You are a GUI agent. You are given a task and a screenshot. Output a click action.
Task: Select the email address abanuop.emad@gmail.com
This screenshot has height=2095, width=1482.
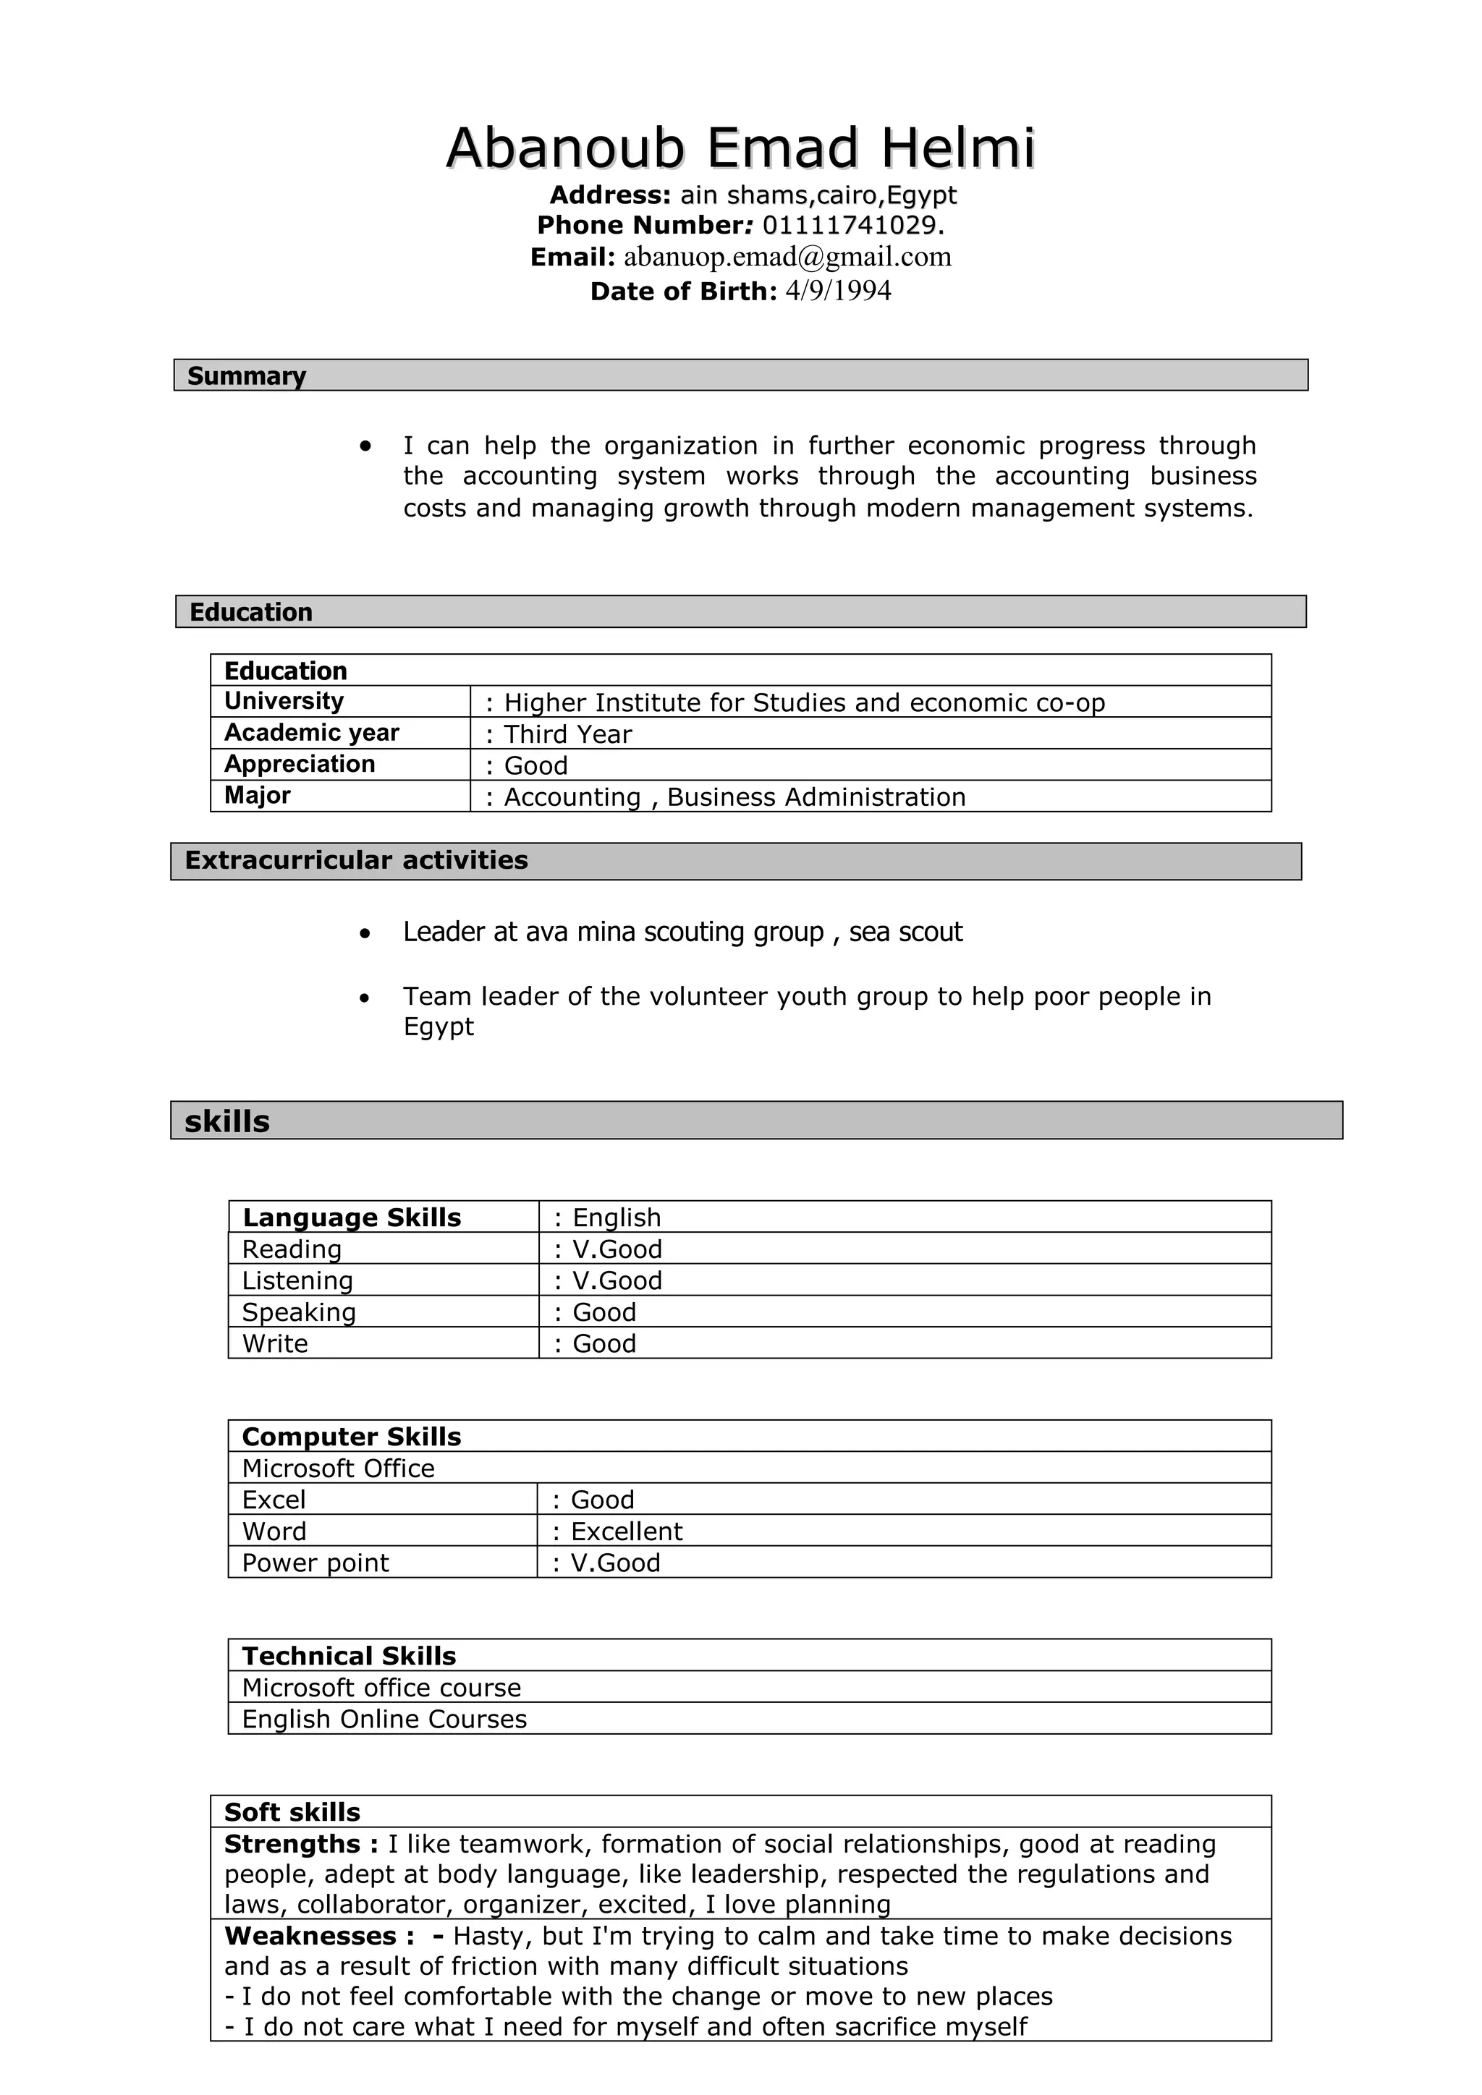(x=787, y=258)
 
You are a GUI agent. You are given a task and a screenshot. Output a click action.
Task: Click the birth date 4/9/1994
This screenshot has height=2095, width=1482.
(x=838, y=291)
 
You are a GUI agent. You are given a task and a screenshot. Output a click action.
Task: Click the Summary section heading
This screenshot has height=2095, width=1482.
(x=246, y=376)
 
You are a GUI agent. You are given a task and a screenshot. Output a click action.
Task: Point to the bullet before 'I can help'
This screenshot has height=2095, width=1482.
(x=365, y=446)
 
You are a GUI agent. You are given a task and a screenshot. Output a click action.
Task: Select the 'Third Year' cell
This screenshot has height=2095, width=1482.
(x=567, y=734)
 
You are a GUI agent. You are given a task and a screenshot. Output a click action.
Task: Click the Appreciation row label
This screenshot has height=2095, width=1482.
(x=300, y=765)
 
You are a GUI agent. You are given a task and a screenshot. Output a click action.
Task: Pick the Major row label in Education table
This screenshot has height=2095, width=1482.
(x=258, y=796)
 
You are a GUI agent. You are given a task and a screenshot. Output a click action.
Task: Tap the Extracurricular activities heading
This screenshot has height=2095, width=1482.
(x=356, y=860)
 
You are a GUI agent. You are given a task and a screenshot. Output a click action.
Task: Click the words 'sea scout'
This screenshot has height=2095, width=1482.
(x=905, y=932)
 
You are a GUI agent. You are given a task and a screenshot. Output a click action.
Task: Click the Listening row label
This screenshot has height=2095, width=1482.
(x=297, y=1281)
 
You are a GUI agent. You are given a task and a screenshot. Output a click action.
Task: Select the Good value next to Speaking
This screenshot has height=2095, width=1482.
(x=604, y=1312)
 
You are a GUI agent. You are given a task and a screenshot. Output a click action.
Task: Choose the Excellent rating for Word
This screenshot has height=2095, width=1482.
(x=626, y=1531)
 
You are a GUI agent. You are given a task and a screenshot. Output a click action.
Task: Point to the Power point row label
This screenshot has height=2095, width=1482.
(x=315, y=1563)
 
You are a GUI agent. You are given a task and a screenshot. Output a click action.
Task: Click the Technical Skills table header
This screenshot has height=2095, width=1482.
(x=349, y=1656)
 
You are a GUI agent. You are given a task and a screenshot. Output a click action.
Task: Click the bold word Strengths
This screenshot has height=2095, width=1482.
(x=293, y=1844)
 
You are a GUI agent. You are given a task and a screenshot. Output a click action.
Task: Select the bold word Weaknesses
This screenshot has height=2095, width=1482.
(x=310, y=1937)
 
